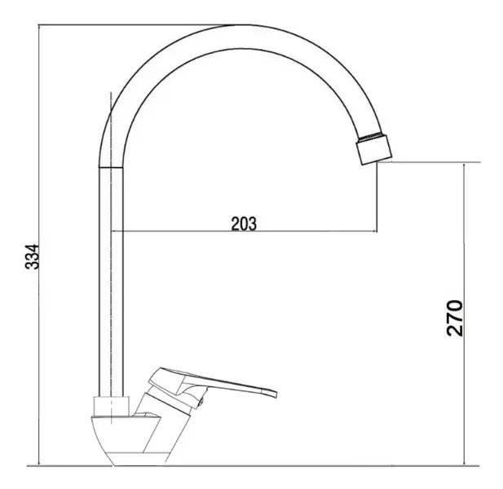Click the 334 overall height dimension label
pos(32,257)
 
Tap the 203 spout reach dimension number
pos(244,223)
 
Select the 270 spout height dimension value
pos(455,318)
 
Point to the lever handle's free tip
pos(276,394)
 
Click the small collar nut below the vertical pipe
pos(112,406)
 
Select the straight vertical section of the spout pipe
pos(111,281)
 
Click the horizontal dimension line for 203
pos(244,231)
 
